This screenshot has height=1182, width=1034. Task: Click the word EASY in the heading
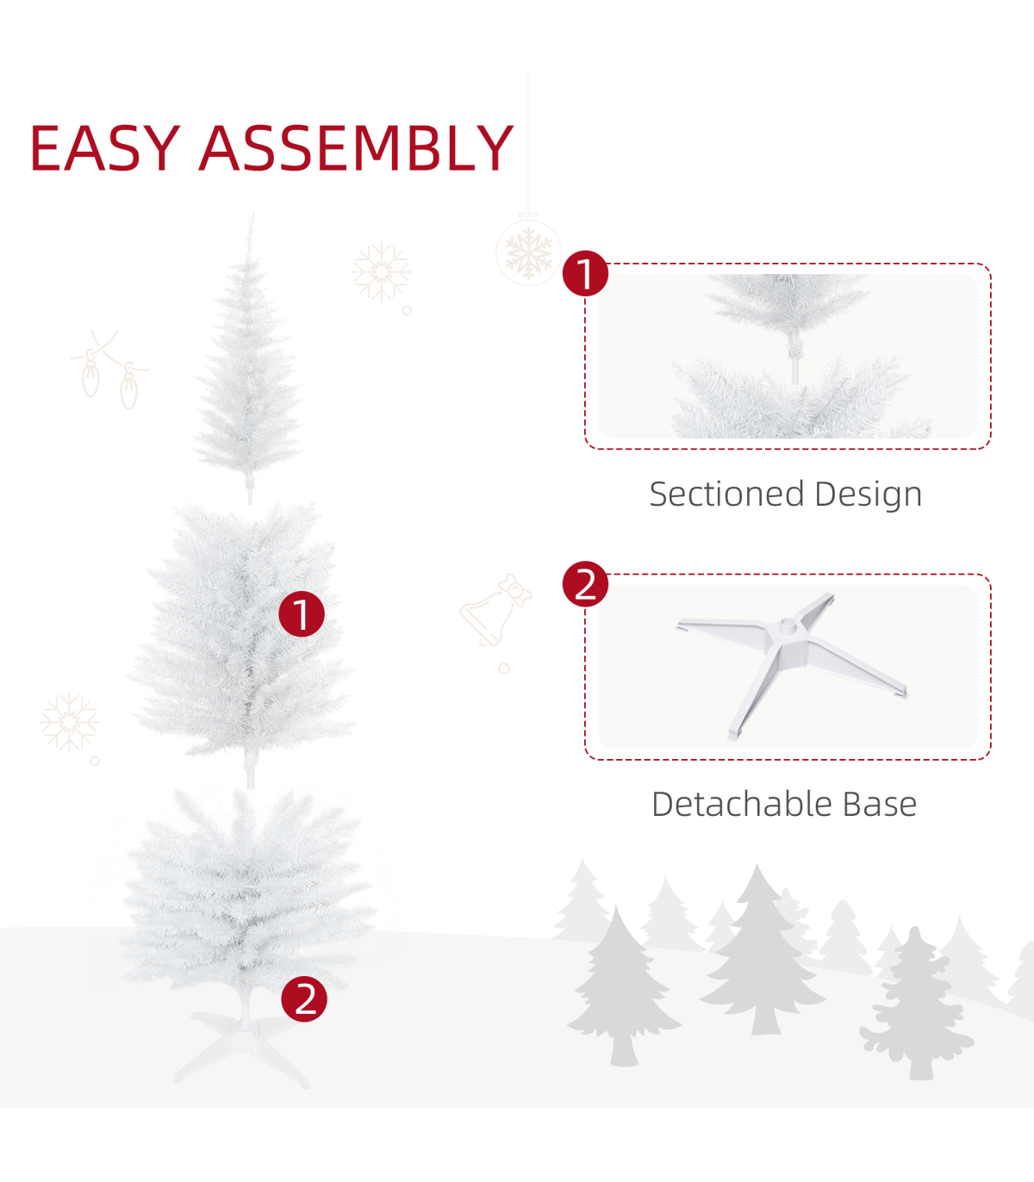point(104,148)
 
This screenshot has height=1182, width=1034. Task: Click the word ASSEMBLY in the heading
point(356,148)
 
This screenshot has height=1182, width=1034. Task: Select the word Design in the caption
point(869,495)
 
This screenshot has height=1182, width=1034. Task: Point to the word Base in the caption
point(880,805)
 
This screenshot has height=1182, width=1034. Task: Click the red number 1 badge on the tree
point(302,613)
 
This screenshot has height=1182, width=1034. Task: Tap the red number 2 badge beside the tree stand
point(304,998)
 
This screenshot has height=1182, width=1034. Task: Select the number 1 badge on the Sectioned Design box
point(585,273)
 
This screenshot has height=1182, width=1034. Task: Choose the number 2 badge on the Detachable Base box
point(585,584)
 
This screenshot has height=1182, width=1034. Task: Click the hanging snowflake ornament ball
point(528,252)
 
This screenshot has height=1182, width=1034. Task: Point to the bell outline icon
point(495,610)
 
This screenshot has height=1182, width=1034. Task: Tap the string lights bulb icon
point(109,370)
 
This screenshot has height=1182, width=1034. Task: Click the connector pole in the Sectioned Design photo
point(794,362)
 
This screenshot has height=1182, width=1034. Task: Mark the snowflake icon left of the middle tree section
point(69,723)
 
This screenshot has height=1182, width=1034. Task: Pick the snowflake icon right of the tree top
point(382,272)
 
